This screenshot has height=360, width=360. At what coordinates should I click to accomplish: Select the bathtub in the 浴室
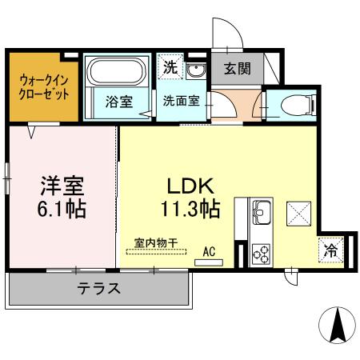[x=114, y=74]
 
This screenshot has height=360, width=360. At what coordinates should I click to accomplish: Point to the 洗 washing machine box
[x=170, y=67]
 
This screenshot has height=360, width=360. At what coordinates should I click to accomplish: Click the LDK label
[x=190, y=186]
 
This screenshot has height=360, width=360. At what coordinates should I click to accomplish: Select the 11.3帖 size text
[x=190, y=209]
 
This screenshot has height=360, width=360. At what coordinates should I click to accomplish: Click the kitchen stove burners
[x=262, y=254]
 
